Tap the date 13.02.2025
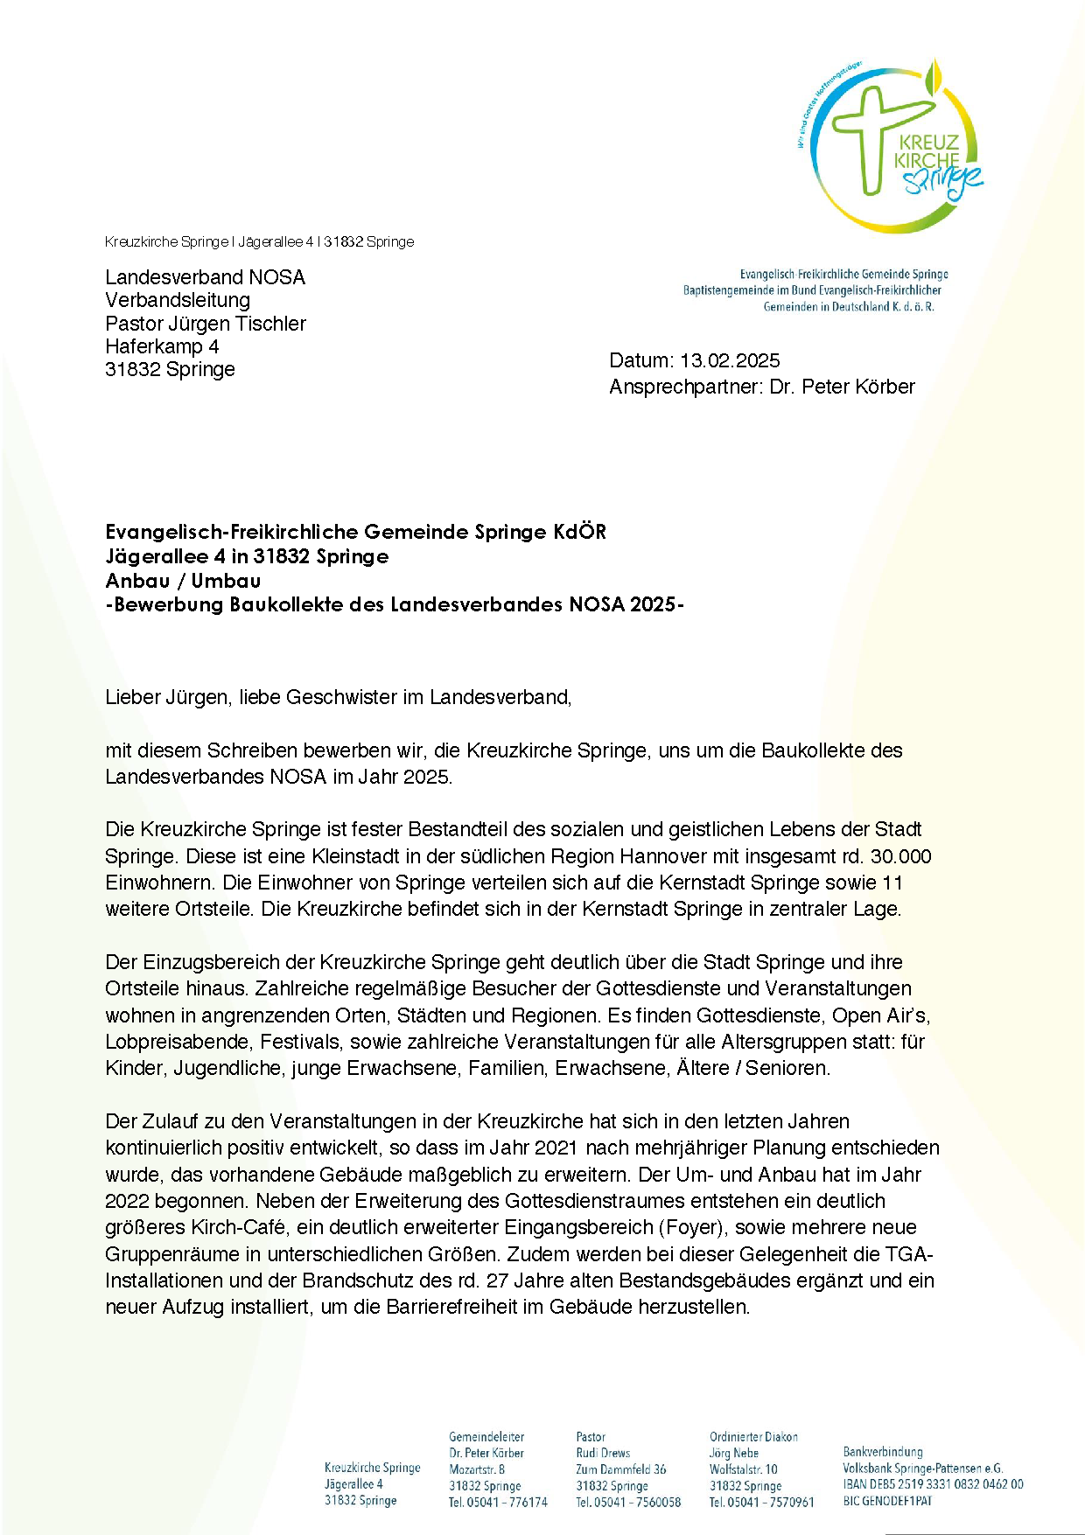(x=730, y=360)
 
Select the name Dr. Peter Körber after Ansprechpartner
(x=842, y=387)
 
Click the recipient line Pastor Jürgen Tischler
(x=206, y=324)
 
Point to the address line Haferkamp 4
(x=162, y=346)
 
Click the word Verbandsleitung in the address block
(x=178, y=300)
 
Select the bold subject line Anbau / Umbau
(x=183, y=581)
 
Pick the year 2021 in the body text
(x=556, y=1148)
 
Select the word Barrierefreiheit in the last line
(x=465, y=1308)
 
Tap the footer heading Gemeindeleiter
(x=486, y=1437)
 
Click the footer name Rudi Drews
(x=603, y=1453)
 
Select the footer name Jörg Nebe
(x=733, y=1453)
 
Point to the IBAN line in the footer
(x=933, y=1484)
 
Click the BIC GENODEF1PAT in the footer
(x=887, y=1501)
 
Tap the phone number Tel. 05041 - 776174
(x=498, y=1503)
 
